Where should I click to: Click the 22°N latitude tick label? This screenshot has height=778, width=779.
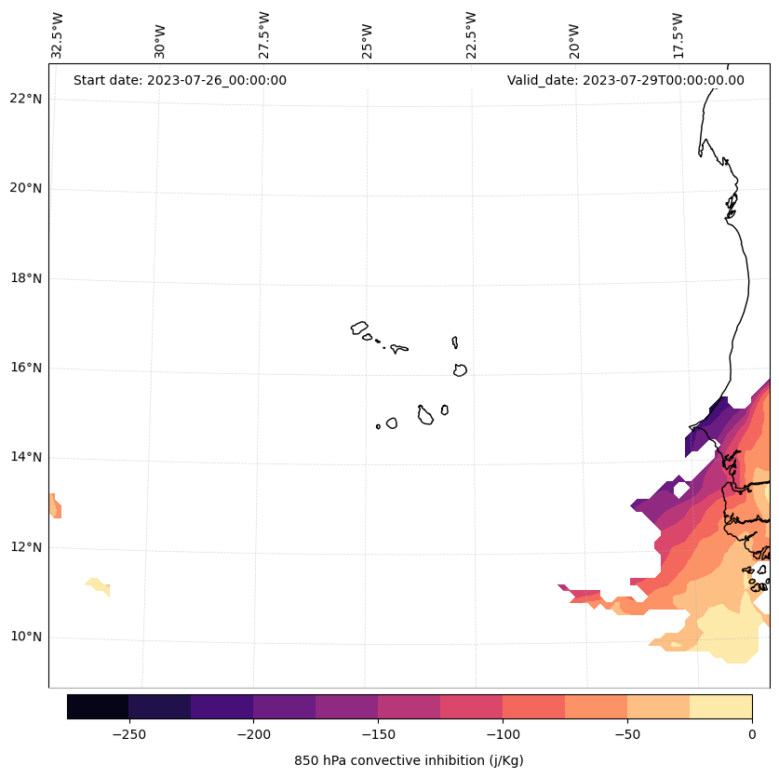(25, 99)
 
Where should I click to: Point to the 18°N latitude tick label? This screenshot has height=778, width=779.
(25, 278)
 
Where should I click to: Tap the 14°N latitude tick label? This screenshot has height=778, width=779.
(25, 457)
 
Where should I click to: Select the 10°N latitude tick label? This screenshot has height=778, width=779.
(25, 637)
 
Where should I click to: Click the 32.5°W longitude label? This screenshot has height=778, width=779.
(58, 35)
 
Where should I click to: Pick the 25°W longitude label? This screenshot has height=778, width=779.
(368, 39)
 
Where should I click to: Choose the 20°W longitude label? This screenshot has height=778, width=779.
(574, 39)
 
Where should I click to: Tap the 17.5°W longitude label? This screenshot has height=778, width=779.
(678, 35)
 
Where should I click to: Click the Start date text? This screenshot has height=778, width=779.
(180, 80)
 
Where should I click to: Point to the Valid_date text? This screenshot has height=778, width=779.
(625, 80)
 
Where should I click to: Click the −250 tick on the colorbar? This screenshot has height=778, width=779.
(128, 734)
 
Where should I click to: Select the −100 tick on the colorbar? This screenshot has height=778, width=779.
(503, 734)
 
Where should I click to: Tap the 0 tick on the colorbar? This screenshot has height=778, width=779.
(751, 734)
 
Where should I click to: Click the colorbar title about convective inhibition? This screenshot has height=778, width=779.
(409, 760)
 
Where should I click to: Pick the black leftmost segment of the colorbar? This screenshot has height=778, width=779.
(98, 706)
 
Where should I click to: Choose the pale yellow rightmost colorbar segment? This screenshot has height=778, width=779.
(720, 706)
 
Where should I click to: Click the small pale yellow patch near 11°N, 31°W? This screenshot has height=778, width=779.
(98, 586)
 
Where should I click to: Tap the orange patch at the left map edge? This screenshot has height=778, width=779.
(55, 506)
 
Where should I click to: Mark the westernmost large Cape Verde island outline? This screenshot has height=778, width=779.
(359, 328)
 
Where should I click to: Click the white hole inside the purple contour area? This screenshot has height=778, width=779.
(680, 488)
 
